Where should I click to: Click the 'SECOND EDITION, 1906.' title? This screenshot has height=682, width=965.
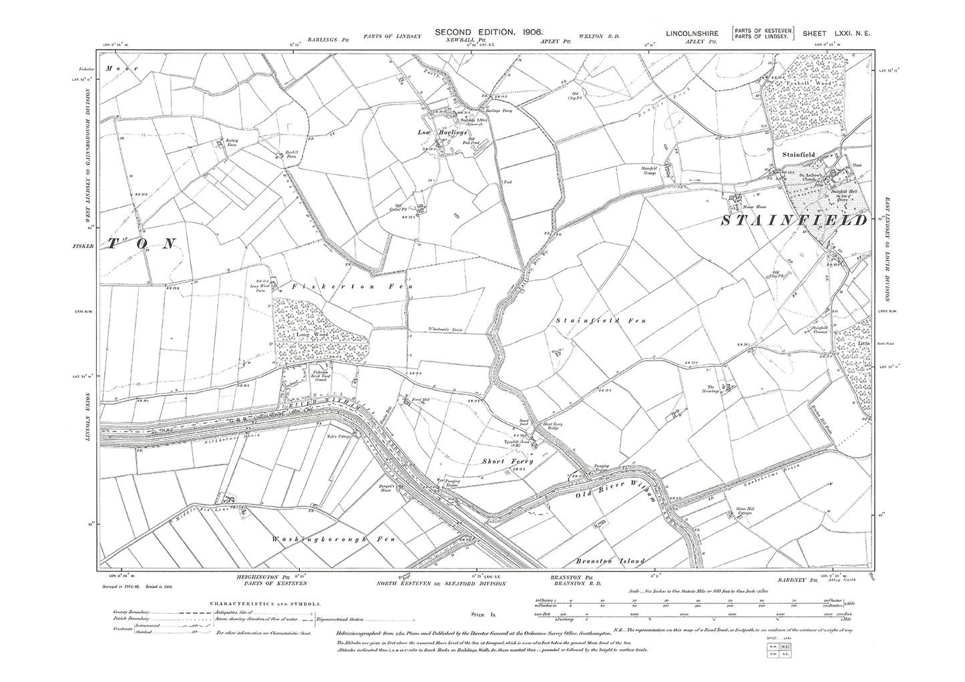(488, 32)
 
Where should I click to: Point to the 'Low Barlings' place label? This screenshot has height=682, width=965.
(443, 133)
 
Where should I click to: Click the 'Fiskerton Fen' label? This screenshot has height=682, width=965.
(352, 286)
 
